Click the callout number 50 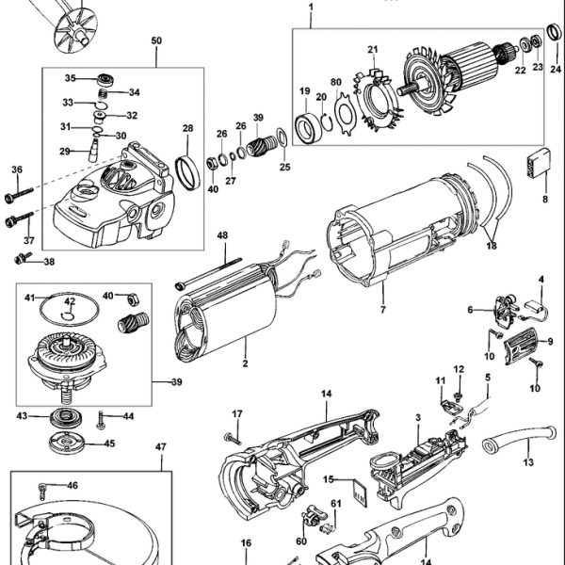[156, 41]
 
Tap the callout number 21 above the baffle [372, 49]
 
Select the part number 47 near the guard [161, 447]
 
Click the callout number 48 [222, 235]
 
